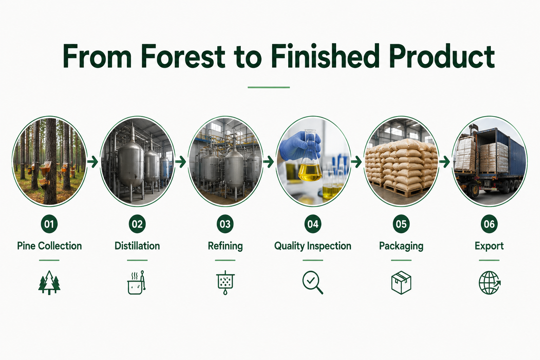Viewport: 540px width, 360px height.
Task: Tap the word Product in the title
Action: point(442,56)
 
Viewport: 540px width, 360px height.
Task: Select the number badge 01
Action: point(49,224)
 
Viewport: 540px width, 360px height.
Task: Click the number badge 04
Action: point(313,224)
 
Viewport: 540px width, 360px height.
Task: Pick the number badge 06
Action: point(489,224)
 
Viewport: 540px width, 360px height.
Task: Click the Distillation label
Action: point(137,246)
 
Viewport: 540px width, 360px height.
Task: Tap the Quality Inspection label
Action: point(313,246)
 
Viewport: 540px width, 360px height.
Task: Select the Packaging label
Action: point(401,246)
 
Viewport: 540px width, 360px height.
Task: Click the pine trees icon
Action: point(49,282)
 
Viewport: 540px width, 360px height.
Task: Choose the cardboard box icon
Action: point(401,283)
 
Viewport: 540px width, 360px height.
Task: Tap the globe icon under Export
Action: point(489,283)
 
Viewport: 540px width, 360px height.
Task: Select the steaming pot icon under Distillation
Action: point(136,282)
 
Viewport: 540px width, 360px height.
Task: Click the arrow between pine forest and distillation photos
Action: point(92,162)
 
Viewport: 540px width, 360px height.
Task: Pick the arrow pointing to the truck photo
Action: point(444,162)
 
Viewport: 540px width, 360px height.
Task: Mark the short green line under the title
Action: point(269,87)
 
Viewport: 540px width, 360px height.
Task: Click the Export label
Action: point(489,246)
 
